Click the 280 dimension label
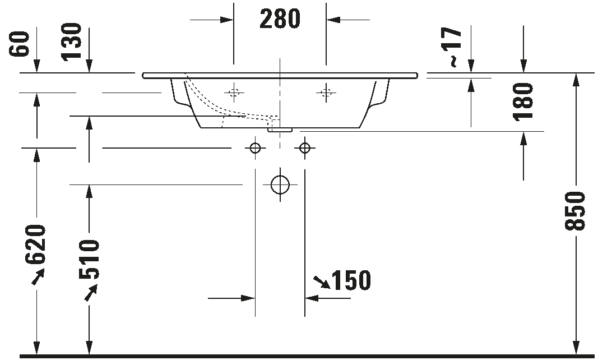(x=280, y=19)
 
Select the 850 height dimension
(x=574, y=211)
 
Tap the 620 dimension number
(x=35, y=244)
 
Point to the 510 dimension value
(x=89, y=260)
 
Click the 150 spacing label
(x=351, y=280)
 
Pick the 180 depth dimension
(x=523, y=101)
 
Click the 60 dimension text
(x=20, y=44)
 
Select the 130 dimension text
(x=72, y=41)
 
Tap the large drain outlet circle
(x=280, y=185)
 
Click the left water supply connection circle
(x=256, y=147)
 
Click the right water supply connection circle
(x=305, y=147)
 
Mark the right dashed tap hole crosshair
(x=326, y=93)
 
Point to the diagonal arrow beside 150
(x=322, y=281)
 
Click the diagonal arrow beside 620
(x=38, y=277)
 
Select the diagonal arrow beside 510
(x=91, y=293)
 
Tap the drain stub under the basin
(x=280, y=130)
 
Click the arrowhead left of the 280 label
(x=227, y=20)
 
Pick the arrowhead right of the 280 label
(x=333, y=20)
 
